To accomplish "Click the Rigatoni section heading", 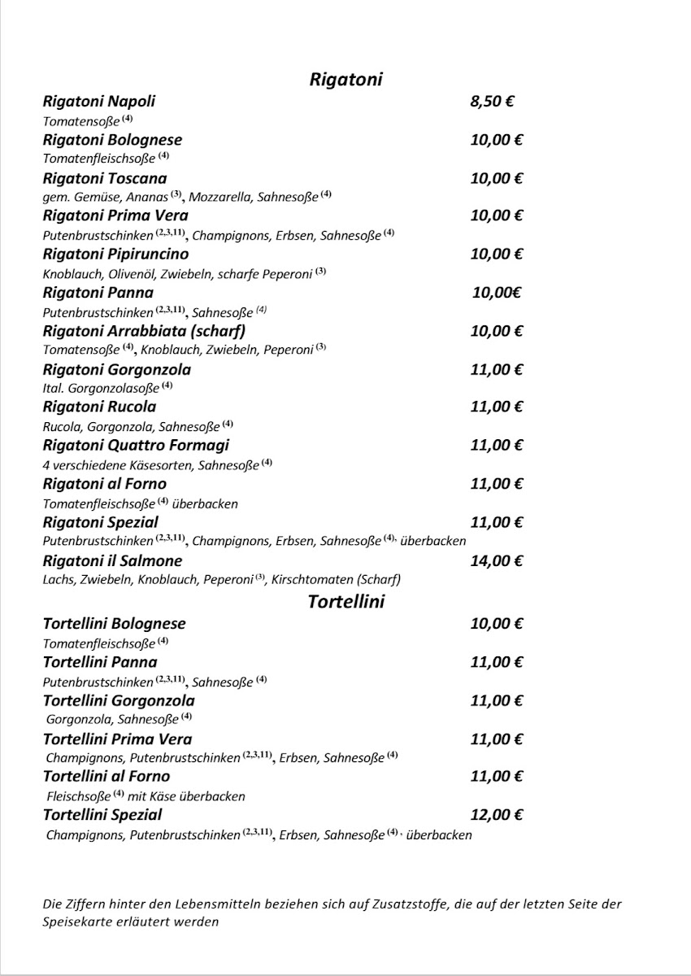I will (x=345, y=79).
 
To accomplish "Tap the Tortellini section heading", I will (x=345, y=603).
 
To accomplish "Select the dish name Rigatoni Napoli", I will (x=98, y=102).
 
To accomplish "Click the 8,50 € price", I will (x=493, y=102).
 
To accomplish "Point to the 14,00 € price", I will (x=496, y=560).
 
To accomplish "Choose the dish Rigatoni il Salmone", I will (x=112, y=561).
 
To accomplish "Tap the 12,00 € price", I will (x=496, y=814).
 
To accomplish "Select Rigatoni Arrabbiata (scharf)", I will (x=144, y=331).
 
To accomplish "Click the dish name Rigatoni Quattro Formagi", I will (x=136, y=445).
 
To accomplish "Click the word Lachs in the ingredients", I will (x=56, y=580).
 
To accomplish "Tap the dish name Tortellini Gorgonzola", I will (x=119, y=700).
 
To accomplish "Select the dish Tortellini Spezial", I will (x=102, y=814).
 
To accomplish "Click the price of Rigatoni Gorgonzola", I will (x=496, y=369).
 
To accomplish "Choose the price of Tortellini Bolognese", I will (x=496, y=624).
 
